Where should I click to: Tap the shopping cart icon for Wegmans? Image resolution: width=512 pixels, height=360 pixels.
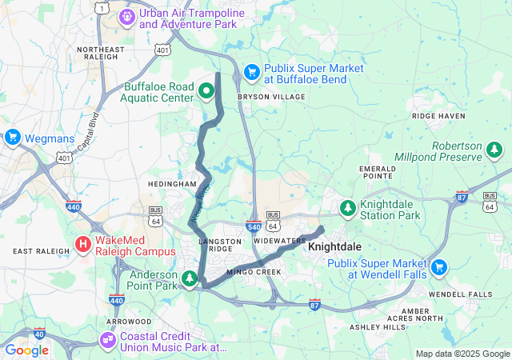pyautogui.click(x=12, y=138)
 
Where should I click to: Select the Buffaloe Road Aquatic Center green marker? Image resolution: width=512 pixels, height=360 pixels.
pyautogui.click(x=206, y=90)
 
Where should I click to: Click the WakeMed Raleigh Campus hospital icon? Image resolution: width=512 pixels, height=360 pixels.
pyautogui.click(x=83, y=244)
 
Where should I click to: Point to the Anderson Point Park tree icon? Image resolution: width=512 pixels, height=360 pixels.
pyautogui.click(x=190, y=278)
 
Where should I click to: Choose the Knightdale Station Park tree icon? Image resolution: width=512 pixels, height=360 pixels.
pyautogui.click(x=347, y=208)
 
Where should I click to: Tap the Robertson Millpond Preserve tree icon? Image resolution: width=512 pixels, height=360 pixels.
pyautogui.click(x=494, y=150)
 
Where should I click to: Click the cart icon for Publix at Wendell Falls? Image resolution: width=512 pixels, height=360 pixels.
pyautogui.click(x=438, y=267)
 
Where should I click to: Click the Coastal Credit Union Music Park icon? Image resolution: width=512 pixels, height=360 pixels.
pyautogui.click(x=106, y=341)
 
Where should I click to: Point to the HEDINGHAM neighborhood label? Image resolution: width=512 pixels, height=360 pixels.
pyautogui.click(x=172, y=184)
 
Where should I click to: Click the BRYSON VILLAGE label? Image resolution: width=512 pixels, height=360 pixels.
pyautogui.click(x=271, y=97)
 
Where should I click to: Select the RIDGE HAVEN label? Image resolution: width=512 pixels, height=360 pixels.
pyautogui.click(x=438, y=116)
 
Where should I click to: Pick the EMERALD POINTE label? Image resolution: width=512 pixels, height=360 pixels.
pyautogui.click(x=377, y=173)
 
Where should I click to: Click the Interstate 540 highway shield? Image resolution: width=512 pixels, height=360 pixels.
pyautogui.click(x=253, y=227)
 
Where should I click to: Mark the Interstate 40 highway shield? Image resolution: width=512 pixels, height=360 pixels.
pyautogui.click(x=39, y=333)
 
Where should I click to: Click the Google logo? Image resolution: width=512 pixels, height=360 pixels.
pyautogui.click(x=27, y=350)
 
